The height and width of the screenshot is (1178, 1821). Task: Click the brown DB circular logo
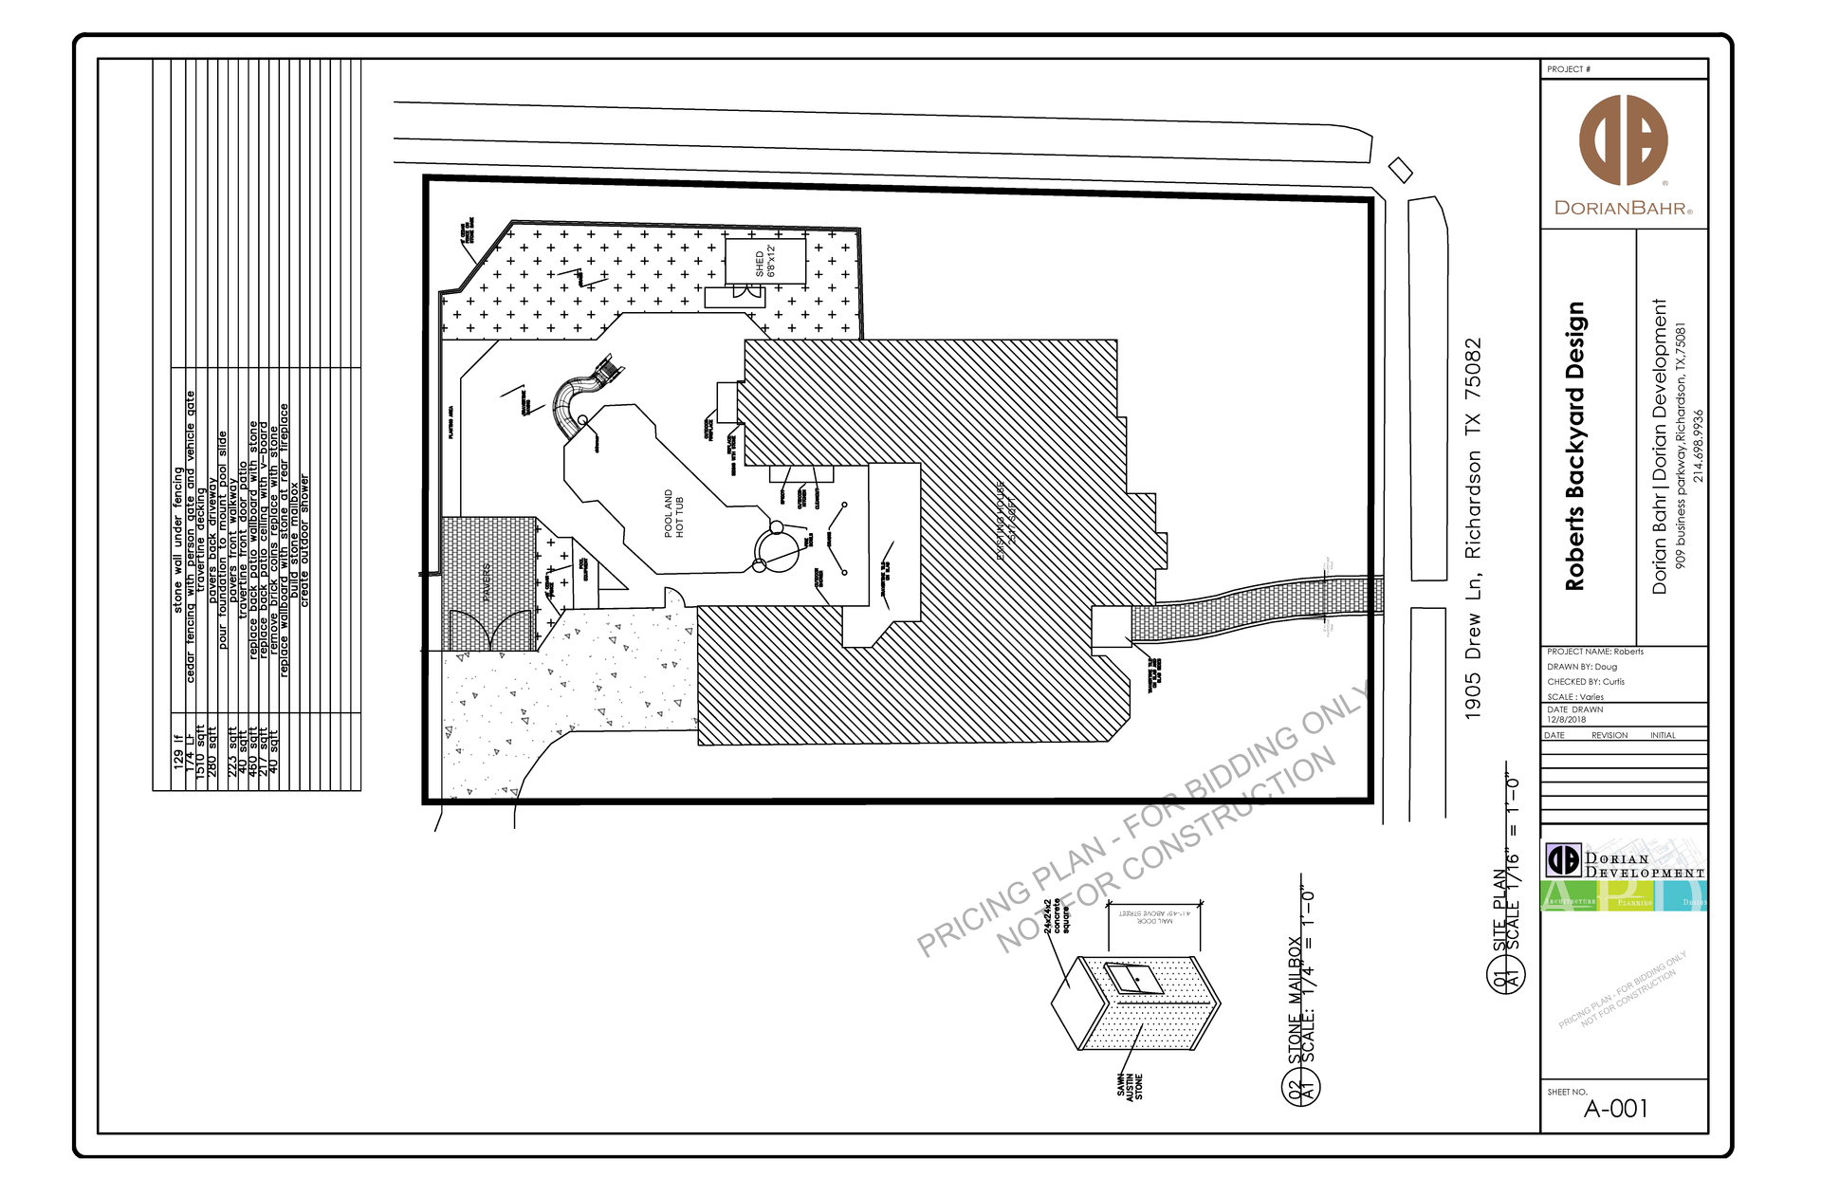point(1623,139)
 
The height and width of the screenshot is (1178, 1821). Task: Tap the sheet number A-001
point(1615,1108)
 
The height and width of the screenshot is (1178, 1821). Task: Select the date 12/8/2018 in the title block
point(1566,719)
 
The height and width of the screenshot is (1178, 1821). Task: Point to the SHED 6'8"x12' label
point(764,262)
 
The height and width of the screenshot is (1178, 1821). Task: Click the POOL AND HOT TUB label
point(673,513)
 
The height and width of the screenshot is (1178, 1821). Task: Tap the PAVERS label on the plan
point(487,581)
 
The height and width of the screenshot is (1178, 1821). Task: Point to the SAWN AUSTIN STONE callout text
point(1129,1086)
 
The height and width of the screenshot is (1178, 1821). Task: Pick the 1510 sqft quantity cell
point(200,752)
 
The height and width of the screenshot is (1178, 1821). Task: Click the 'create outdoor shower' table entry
point(304,541)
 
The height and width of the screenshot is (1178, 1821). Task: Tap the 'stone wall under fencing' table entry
point(177,540)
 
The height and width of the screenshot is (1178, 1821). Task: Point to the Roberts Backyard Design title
point(1574,446)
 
